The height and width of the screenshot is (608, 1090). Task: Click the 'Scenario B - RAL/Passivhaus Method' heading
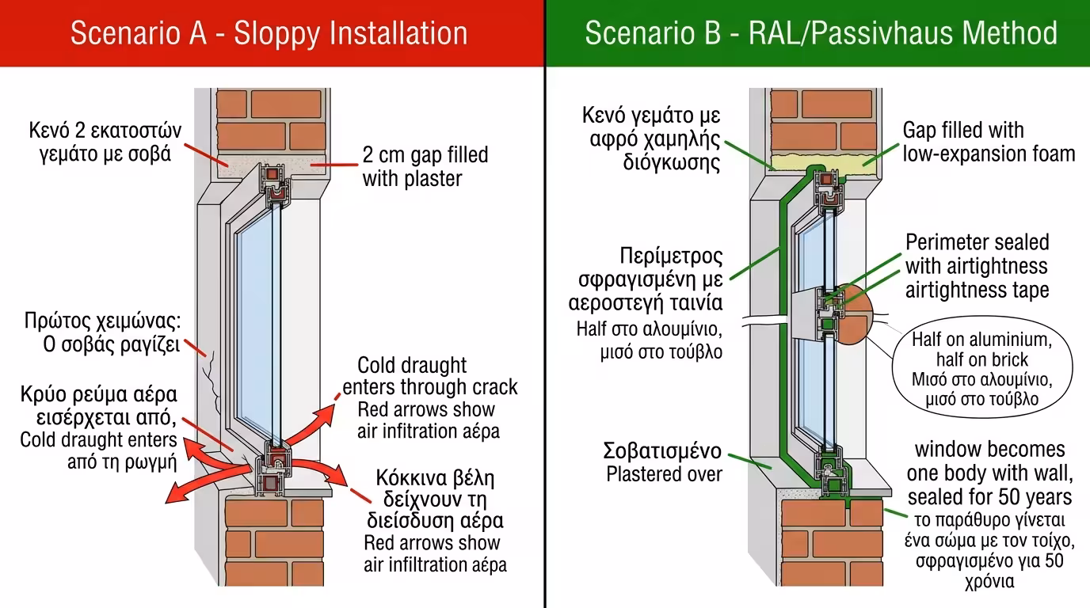click(821, 33)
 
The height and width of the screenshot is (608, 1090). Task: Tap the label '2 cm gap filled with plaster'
click(425, 166)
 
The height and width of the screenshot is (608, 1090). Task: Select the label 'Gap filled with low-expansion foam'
click(988, 142)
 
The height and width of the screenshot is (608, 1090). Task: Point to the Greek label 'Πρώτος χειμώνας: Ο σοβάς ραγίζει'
click(102, 333)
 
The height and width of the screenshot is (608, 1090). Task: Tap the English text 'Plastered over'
click(664, 474)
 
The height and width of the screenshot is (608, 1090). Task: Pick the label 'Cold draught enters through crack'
click(429, 376)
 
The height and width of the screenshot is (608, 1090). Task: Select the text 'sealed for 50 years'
click(989, 496)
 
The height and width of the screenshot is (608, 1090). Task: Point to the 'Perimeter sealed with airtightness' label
click(977, 253)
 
